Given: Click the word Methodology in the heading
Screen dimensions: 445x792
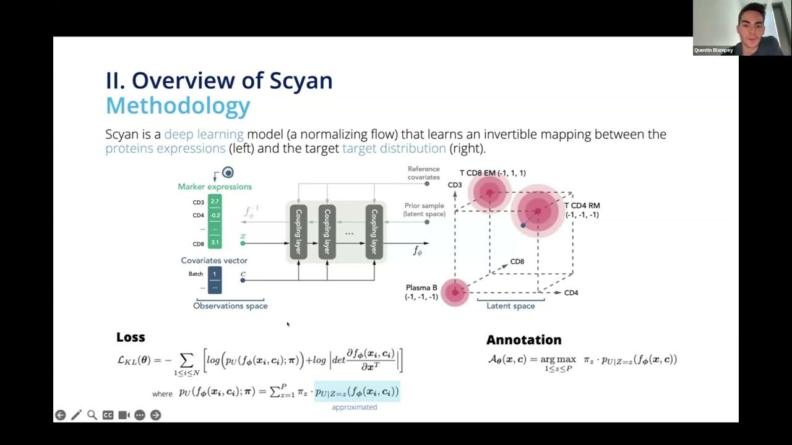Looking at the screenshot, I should coord(178,106).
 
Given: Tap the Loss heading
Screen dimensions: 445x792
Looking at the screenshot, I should coord(131,337).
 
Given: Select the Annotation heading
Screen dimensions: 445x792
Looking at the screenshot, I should coord(523,339).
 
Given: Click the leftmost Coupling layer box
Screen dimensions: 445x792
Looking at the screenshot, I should coord(298,232).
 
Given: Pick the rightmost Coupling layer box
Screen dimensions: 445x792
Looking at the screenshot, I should coord(374,232).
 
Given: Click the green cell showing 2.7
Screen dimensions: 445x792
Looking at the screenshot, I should coord(215,201).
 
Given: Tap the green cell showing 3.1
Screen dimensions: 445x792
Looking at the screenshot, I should coord(215,242).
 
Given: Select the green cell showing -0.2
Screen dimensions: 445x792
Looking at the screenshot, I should coord(215,215).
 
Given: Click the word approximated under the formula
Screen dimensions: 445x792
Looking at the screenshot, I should coord(355,407).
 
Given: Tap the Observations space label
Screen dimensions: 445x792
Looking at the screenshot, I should coord(230,306).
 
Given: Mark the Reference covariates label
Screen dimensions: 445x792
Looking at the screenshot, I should coord(424,173).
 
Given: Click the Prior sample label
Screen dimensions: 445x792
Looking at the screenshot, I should coord(424,210).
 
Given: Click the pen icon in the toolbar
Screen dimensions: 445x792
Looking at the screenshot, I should coord(76,415).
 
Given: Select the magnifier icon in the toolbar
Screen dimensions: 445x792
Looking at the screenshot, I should coord(92,415).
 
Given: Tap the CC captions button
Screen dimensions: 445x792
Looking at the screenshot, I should coord(108,415).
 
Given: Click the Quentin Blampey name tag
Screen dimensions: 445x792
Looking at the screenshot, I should coord(714,50).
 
